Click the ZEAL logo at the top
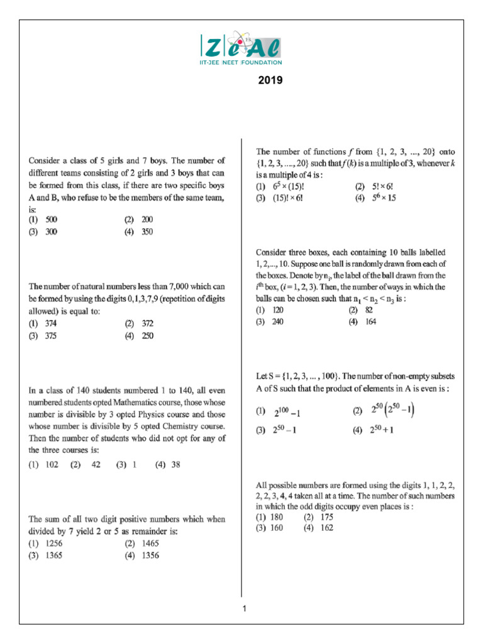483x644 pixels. [x=241, y=45]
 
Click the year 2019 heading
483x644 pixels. [x=270, y=80]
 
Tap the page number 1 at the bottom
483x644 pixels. [x=244, y=608]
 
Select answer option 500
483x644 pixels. [x=52, y=219]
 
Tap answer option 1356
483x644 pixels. [x=150, y=555]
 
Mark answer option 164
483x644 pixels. [x=372, y=321]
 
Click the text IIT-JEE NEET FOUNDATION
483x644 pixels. [x=241, y=62]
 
